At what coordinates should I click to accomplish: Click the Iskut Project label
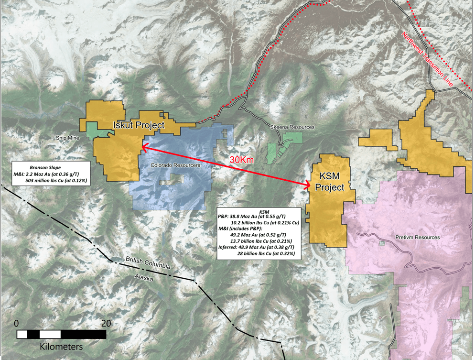(139, 125)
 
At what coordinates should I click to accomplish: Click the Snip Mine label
(67, 138)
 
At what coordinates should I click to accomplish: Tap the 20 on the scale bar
(106, 323)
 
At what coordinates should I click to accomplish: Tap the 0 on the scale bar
(17, 323)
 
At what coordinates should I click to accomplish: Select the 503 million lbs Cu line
(60, 181)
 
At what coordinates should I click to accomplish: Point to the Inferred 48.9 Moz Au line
(259, 248)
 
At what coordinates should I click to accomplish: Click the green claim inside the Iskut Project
(98, 129)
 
